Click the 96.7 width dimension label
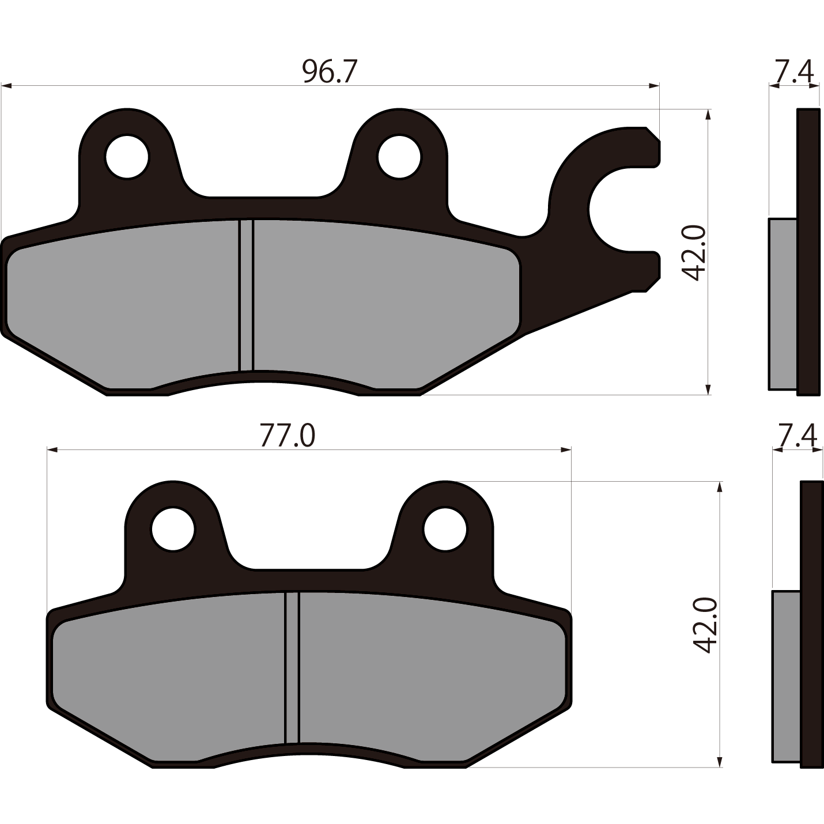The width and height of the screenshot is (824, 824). [329, 71]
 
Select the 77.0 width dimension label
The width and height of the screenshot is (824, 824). [288, 436]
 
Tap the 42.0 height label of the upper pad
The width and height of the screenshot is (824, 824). [692, 253]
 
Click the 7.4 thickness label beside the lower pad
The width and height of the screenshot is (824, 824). [797, 436]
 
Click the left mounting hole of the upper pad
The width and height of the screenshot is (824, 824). [127, 157]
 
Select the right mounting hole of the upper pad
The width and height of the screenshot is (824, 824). [399, 157]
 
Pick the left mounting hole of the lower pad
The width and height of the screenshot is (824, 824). [173, 530]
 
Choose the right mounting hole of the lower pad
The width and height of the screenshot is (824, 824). [445, 530]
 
